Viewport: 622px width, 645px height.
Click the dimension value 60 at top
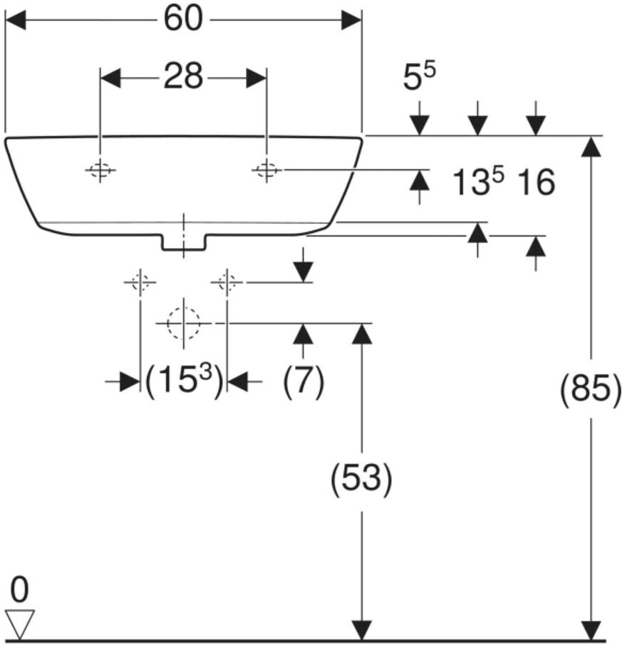click(183, 19)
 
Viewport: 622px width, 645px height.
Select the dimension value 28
click(183, 76)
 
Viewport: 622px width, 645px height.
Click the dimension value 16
click(535, 182)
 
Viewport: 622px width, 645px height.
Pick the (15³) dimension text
click(184, 380)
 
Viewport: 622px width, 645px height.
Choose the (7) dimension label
click(304, 380)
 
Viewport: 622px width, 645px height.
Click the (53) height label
click(361, 478)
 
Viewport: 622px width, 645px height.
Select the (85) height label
click(591, 389)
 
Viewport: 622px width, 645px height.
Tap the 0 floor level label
click(19, 590)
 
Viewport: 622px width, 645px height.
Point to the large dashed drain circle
click(183, 324)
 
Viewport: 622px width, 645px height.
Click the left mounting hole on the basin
click(100, 170)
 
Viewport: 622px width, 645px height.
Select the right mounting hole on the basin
click(266, 170)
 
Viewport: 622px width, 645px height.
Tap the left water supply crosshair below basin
click(140, 282)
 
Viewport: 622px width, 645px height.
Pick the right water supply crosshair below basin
click(227, 282)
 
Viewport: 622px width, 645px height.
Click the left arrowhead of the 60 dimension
click(15, 20)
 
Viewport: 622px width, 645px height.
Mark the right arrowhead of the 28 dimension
click(256, 78)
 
